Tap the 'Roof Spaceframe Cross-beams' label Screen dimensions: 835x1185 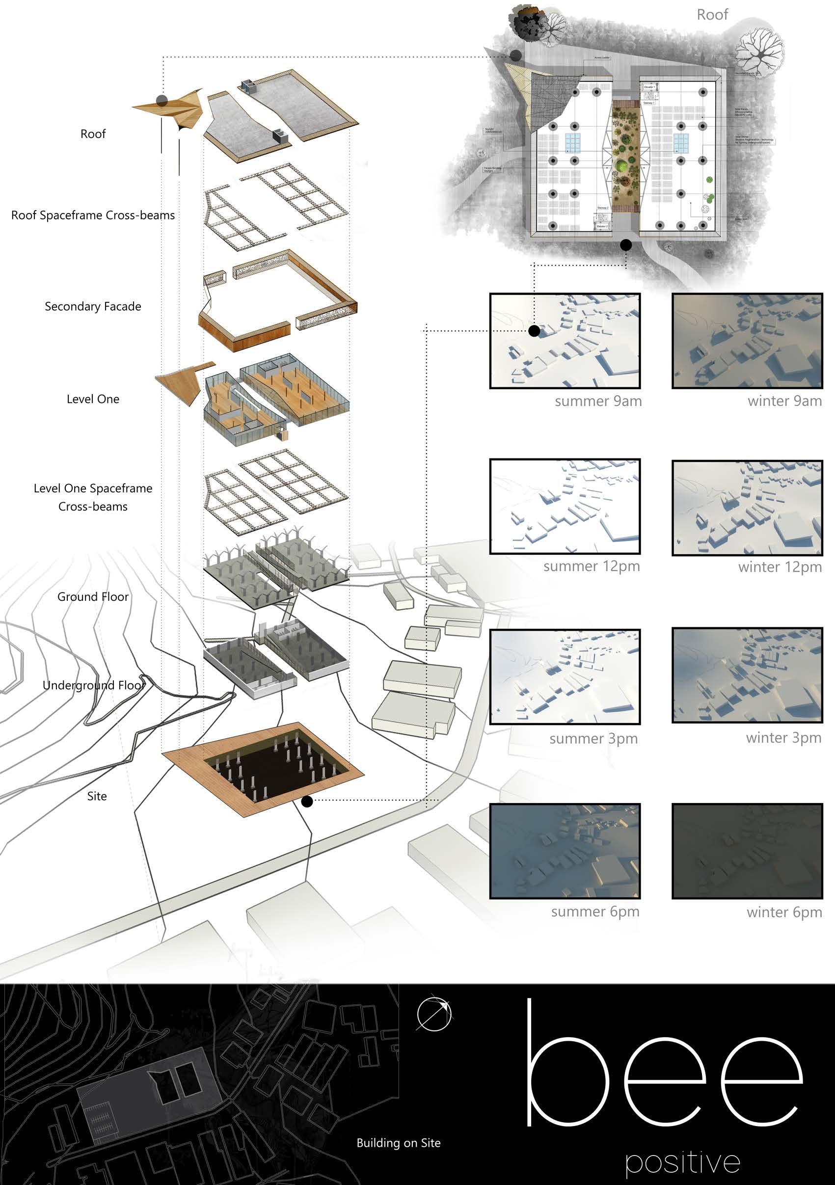point(93,215)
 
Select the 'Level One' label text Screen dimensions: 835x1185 point(93,399)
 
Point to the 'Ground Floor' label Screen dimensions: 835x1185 point(93,596)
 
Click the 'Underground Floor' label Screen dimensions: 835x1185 point(93,685)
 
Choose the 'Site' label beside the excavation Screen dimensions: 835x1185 point(97,796)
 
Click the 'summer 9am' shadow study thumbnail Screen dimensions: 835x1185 point(565,341)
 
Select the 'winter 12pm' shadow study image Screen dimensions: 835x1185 point(747,508)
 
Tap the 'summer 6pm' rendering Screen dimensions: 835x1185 point(565,851)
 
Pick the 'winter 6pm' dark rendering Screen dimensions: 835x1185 point(747,851)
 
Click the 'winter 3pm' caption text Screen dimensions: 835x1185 point(783,737)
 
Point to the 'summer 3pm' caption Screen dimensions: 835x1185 point(593,739)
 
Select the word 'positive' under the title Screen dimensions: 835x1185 point(683,1162)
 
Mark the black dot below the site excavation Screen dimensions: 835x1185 point(307,801)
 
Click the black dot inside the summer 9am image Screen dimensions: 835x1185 point(535,331)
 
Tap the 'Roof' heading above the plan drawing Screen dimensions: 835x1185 point(712,14)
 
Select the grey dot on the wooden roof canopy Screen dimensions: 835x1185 point(162,101)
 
